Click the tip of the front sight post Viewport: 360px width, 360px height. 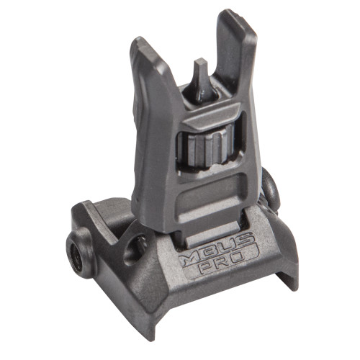tap(199, 63)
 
